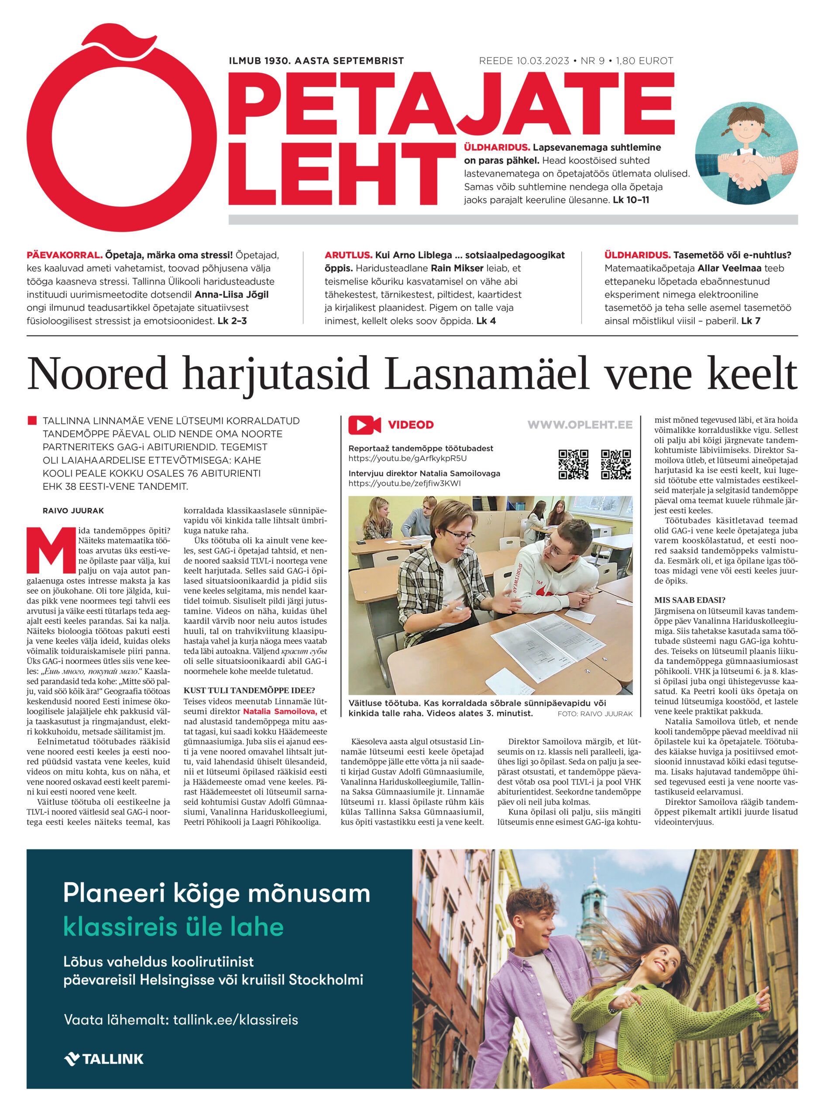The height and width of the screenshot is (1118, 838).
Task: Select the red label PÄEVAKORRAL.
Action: pos(64,255)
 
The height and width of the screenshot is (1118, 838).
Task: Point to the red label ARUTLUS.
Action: pos(348,255)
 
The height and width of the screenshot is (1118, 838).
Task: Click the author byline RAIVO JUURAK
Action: pos(73,511)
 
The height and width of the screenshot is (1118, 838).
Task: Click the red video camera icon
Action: pos(364,424)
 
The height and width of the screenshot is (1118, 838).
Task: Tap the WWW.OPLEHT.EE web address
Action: pos(579,424)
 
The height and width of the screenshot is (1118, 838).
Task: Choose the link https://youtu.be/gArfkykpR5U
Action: pos(407,459)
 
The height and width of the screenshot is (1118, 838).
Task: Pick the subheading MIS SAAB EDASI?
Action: pos(690,600)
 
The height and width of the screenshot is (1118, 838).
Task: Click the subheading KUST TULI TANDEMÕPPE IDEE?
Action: pos(249,690)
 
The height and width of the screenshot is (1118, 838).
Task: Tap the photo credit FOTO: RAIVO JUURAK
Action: pos(594,714)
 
